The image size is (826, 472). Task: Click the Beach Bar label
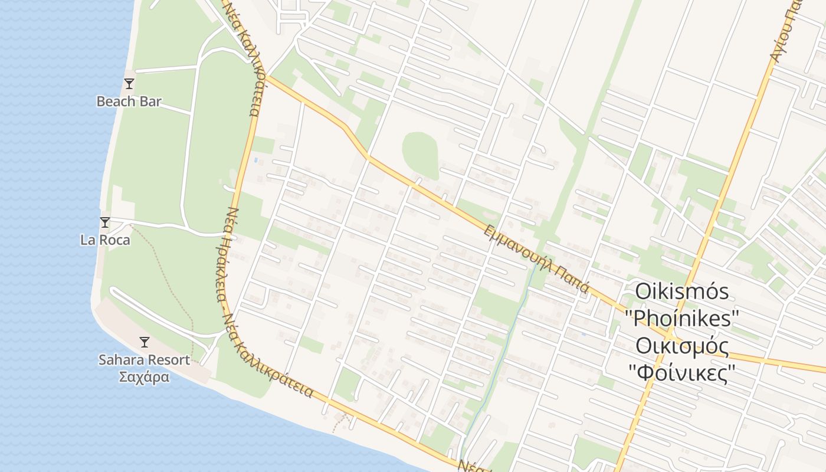click(129, 101)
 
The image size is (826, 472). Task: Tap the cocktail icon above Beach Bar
click(129, 84)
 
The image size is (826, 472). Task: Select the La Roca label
click(105, 240)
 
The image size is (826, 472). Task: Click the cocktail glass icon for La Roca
click(105, 222)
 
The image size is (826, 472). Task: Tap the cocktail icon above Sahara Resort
click(144, 342)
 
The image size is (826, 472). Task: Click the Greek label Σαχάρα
click(144, 377)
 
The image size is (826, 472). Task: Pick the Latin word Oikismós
click(681, 291)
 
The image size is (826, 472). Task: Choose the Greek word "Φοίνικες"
click(682, 373)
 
